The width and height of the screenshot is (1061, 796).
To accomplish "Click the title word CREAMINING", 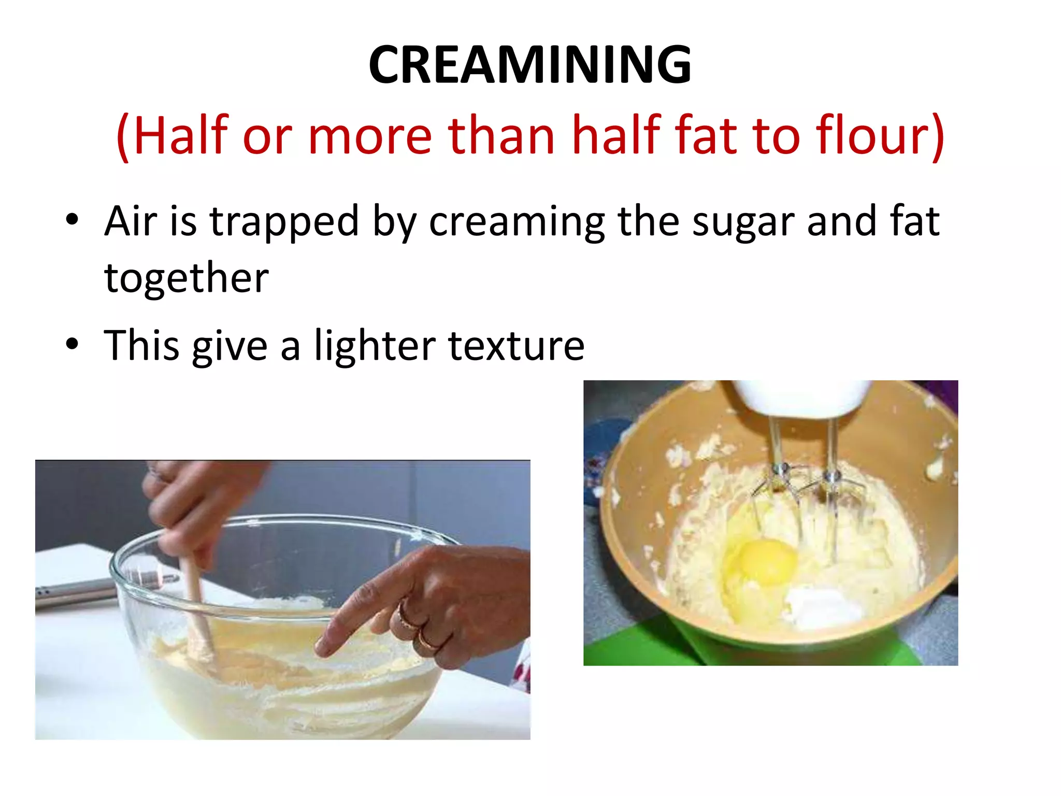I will pyautogui.click(x=529, y=65).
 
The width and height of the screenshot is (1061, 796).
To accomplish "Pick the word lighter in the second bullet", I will pyautogui.click(x=375, y=346).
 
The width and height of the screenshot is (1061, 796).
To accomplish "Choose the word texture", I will pyautogui.click(x=516, y=346).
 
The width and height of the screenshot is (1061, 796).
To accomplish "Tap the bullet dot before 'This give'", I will pyautogui.click(x=72, y=344).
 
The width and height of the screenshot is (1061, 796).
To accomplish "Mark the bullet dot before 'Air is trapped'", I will pyautogui.click(x=72, y=219).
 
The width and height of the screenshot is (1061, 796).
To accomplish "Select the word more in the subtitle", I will pyautogui.click(x=370, y=136).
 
